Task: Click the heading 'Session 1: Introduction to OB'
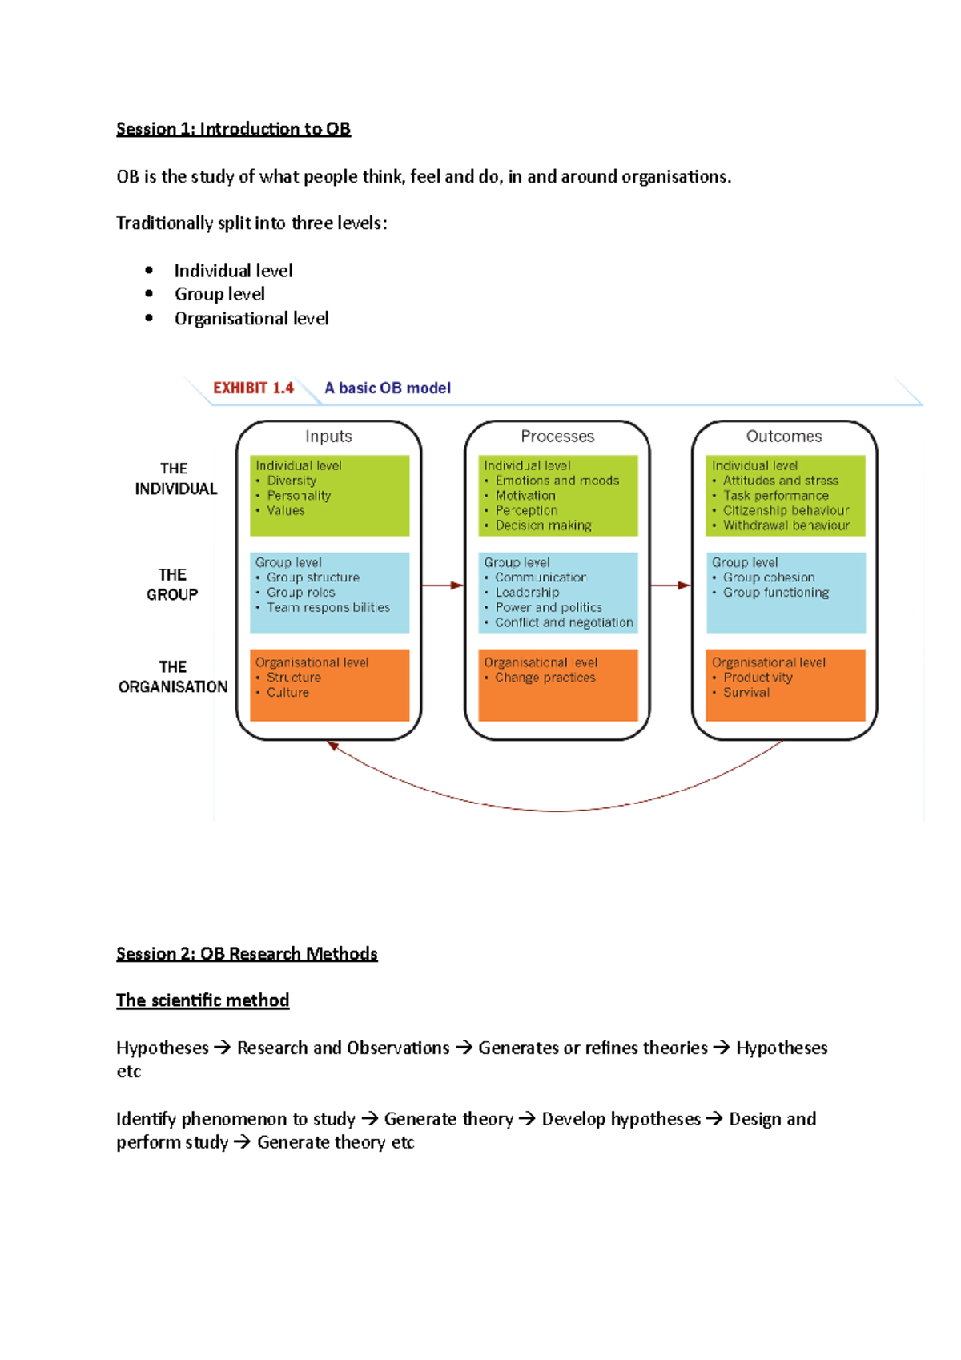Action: point(233,129)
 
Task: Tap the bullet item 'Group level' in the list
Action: point(219,294)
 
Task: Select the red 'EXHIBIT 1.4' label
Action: point(253,388)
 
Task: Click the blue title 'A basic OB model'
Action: point(388,388)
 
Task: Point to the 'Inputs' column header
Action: point(328,437)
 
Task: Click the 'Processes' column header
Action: point(557,437)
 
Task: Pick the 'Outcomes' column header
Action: point(784,437)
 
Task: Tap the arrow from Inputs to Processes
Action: point(442,585)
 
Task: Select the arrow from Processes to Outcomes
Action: point(670,585)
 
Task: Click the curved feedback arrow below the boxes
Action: point(557,810)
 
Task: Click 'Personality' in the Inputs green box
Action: point(299,496)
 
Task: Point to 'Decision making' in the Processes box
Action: point(543,525)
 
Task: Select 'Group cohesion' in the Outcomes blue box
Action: point(769,577)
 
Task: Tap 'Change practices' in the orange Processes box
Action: point(545,678)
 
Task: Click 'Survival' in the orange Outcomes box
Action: point(746,693)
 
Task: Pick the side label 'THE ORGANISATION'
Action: point(173,677)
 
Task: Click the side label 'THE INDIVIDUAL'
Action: point(175,479)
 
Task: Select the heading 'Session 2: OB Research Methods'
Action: point(247,954)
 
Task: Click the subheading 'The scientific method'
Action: point(203,1000)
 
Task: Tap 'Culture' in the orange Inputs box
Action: point(287,693)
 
